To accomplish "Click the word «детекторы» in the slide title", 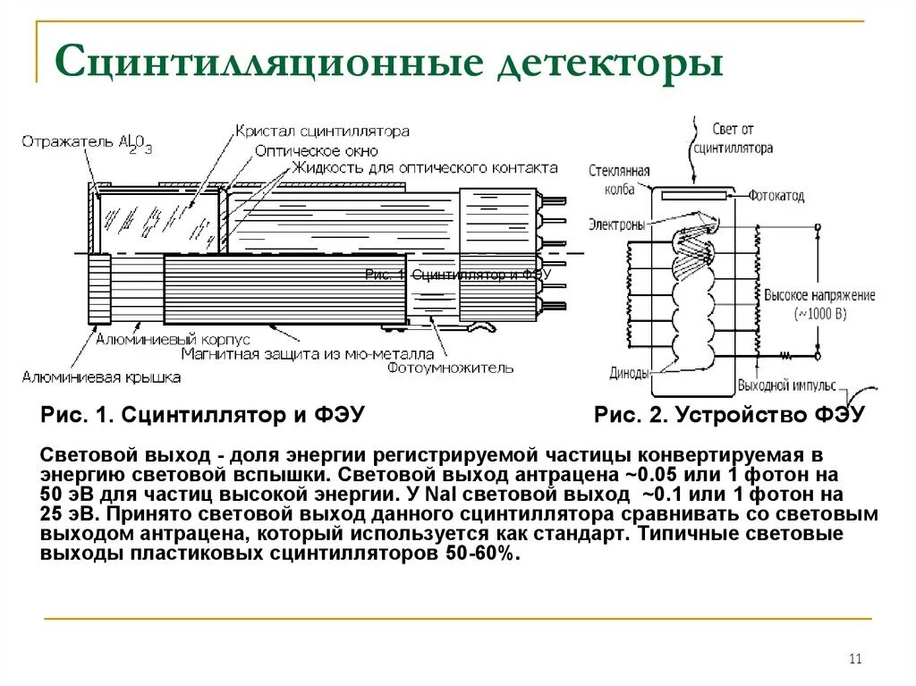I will point(608,64).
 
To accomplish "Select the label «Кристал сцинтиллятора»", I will point(322,131).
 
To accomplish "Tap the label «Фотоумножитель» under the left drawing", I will point(451,367).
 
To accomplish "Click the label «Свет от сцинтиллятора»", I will point(733,139).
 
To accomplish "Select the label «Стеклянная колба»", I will point(619,179).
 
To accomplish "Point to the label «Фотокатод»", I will point(776,195).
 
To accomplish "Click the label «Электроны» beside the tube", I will point(616,224).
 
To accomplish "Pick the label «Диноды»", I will point(629,374).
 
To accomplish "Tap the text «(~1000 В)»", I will point(820,314).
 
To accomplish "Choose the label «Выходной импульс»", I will point(786,386).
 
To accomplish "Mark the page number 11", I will point(854,659).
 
